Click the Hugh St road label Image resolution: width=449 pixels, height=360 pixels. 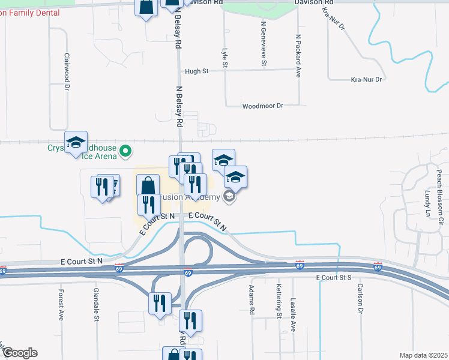pyautogui.click(x=196, y=71)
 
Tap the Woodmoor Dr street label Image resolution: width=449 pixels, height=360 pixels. pyautogui.click(x=262, y=106)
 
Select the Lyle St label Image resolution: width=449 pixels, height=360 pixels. pyautogui.click(x=224, y=58)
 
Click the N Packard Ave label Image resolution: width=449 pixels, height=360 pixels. pyautogui.click(x=298, y=55)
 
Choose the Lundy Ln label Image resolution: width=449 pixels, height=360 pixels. pyautogui.click(x=427, y=204)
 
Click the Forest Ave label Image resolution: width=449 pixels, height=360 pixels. pyautogui.click(x=61, y=305)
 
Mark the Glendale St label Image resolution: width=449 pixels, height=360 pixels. pyautogui.click(x=96, y=304)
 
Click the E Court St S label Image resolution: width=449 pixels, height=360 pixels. pyautogui.click(x=333, y=278)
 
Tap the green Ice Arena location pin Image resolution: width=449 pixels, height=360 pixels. pyautogui.click(x=125, y=151)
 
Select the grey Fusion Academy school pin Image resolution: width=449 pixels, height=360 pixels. pyautogui.click(x=229, y=196)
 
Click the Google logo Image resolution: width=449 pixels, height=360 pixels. pyautogui.click(x=19, y=353)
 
